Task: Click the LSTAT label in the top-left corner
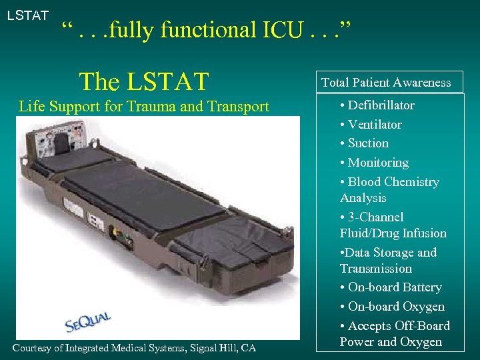[x=28, y=15]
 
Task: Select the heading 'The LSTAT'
[x=144, y=81]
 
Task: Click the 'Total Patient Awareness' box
[x=387, y=83]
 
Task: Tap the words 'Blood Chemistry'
[x=393, y=182]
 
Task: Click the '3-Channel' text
[x=375, y=217]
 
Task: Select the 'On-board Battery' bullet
[x=394, y=287]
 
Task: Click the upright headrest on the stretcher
[x=61, y=141]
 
